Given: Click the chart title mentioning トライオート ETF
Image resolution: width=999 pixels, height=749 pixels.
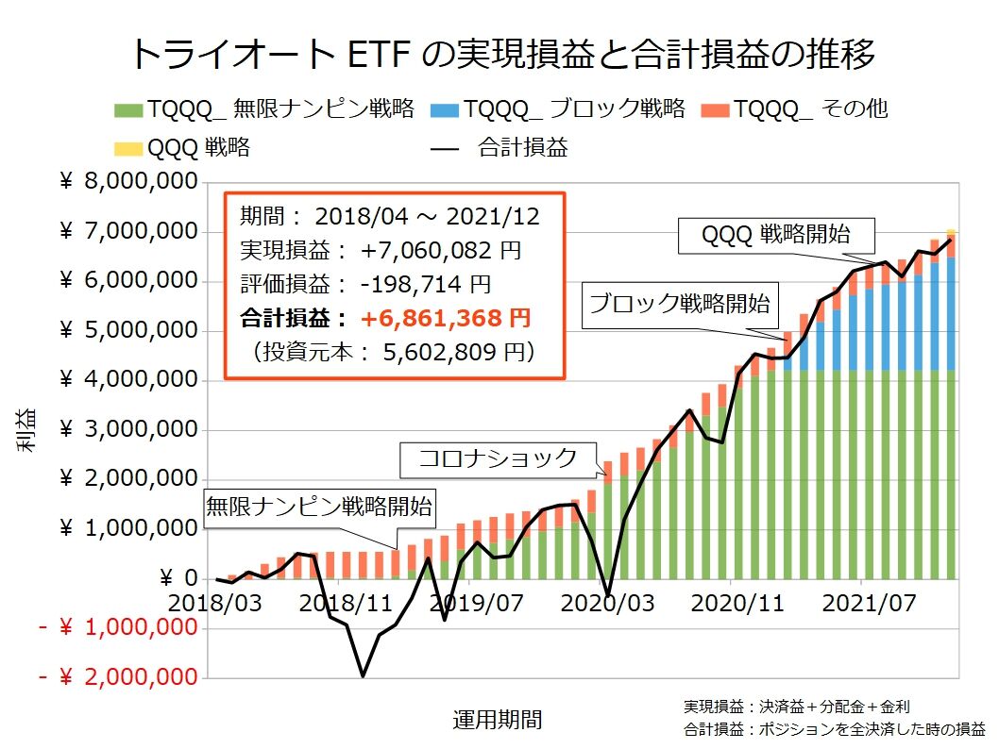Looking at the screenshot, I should click(500, 53).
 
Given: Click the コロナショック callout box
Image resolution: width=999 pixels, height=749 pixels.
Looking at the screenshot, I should click(498, 459).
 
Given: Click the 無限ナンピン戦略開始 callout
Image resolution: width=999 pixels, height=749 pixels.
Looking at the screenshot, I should click(319, 506).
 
